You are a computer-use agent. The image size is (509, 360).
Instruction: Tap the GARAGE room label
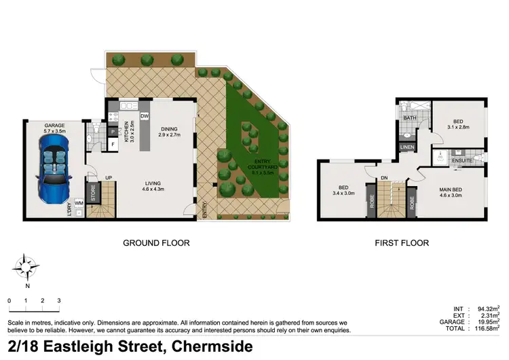[x=54, y=126]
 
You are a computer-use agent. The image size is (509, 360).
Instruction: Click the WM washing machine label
[x=79, y=202]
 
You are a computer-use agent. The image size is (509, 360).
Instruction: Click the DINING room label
[x=169, y=129]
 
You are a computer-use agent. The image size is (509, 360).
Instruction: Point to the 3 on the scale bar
[x=59, y=300]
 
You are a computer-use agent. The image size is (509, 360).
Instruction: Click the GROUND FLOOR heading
[x=155, y=242]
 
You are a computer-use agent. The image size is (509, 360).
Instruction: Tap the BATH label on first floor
[x=410, y=118]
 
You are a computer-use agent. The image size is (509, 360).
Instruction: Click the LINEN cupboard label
[x=407, y=147]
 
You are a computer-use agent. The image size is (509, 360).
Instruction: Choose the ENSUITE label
[x=461, y=161]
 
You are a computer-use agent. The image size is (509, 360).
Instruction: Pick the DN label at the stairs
[x=384, y=179]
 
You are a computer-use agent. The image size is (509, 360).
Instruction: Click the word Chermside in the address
[x=209, y=346]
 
